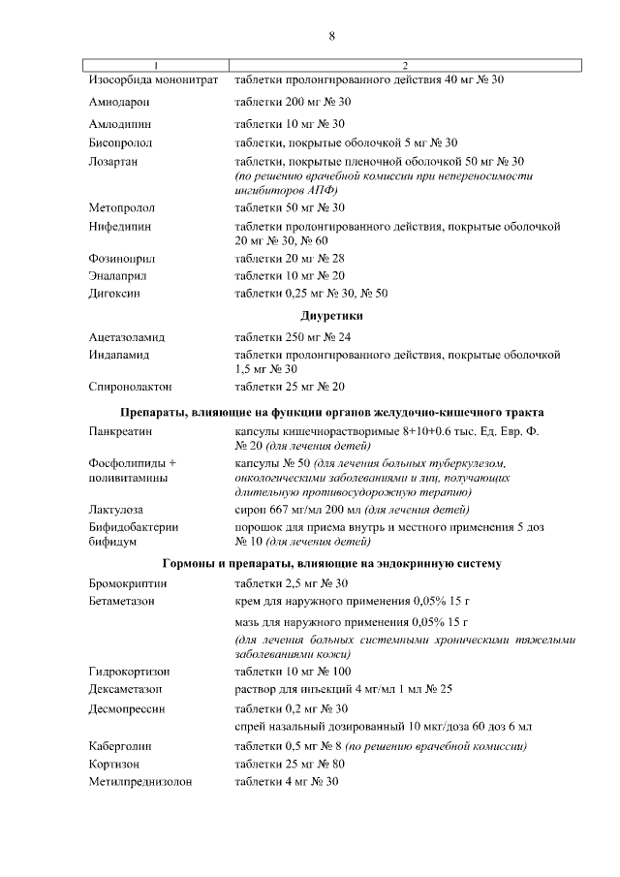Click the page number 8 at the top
(331, 36)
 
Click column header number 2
(405, 65)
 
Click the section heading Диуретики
(331, 316)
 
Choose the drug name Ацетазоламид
(127, 337)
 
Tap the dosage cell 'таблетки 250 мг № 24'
(293, 337)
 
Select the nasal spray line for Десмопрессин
(383, 727)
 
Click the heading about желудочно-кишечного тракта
(331, 411)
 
